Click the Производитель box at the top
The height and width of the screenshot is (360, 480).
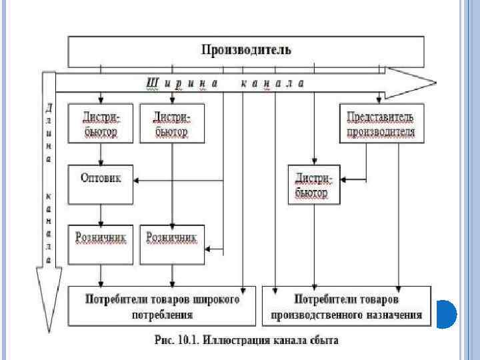pyautogui.click(x=246, y=51)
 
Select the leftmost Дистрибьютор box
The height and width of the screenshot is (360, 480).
pyautogui.click(x=101, y=124)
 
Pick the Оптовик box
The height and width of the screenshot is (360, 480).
pyautogui.click(x=101, y=180)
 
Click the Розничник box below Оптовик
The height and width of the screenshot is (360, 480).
pyautogui.click(x=101, y=244)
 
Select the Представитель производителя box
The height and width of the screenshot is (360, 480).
pyautogui.click(x=381, y=124)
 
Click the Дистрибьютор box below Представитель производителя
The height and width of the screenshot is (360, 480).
pyautogui.click(x=313, y=185)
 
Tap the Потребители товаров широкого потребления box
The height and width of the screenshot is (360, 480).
pyautogui.click(x=162, y=306)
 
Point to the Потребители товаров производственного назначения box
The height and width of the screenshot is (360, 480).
pyautogui.click(x=346, y=306)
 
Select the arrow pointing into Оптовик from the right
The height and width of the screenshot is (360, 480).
pyautogui.click(x=136, y=180)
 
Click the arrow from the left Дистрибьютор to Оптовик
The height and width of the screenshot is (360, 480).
pyautogui.click(x=101, y=153)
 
